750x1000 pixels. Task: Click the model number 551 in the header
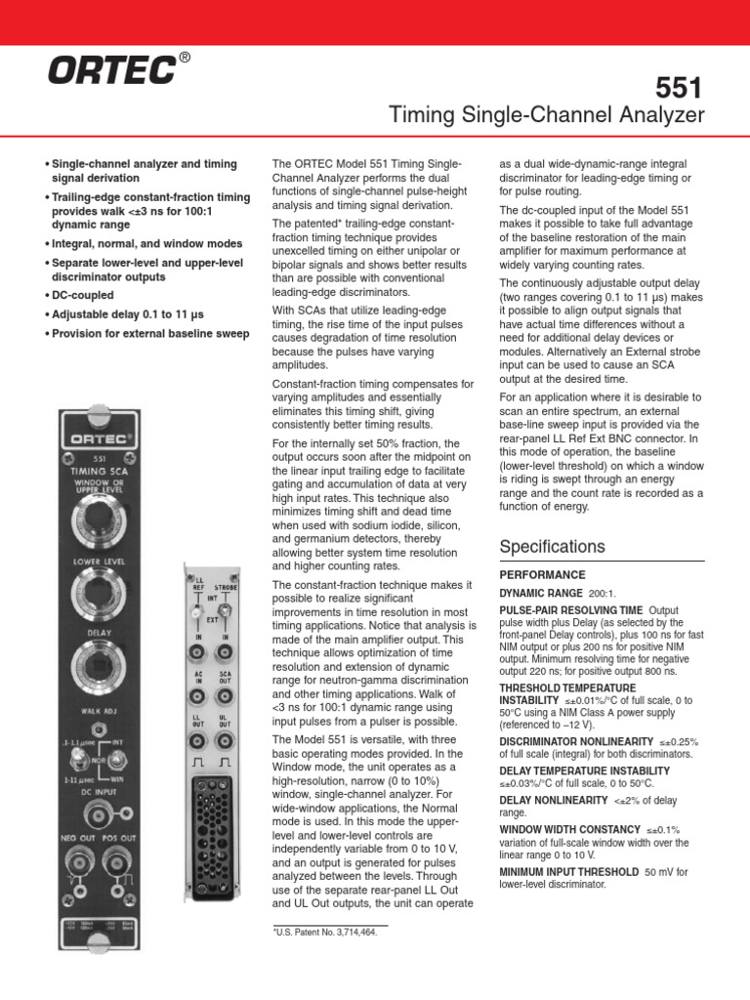pyautogui.click(x=681, y=89)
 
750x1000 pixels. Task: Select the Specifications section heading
pyautogui.click(x=552, y=546)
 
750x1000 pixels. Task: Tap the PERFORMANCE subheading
pyautogui.click(x=542, y=575)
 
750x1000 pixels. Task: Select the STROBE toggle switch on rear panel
pyautogui.click(x=225, y=613)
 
